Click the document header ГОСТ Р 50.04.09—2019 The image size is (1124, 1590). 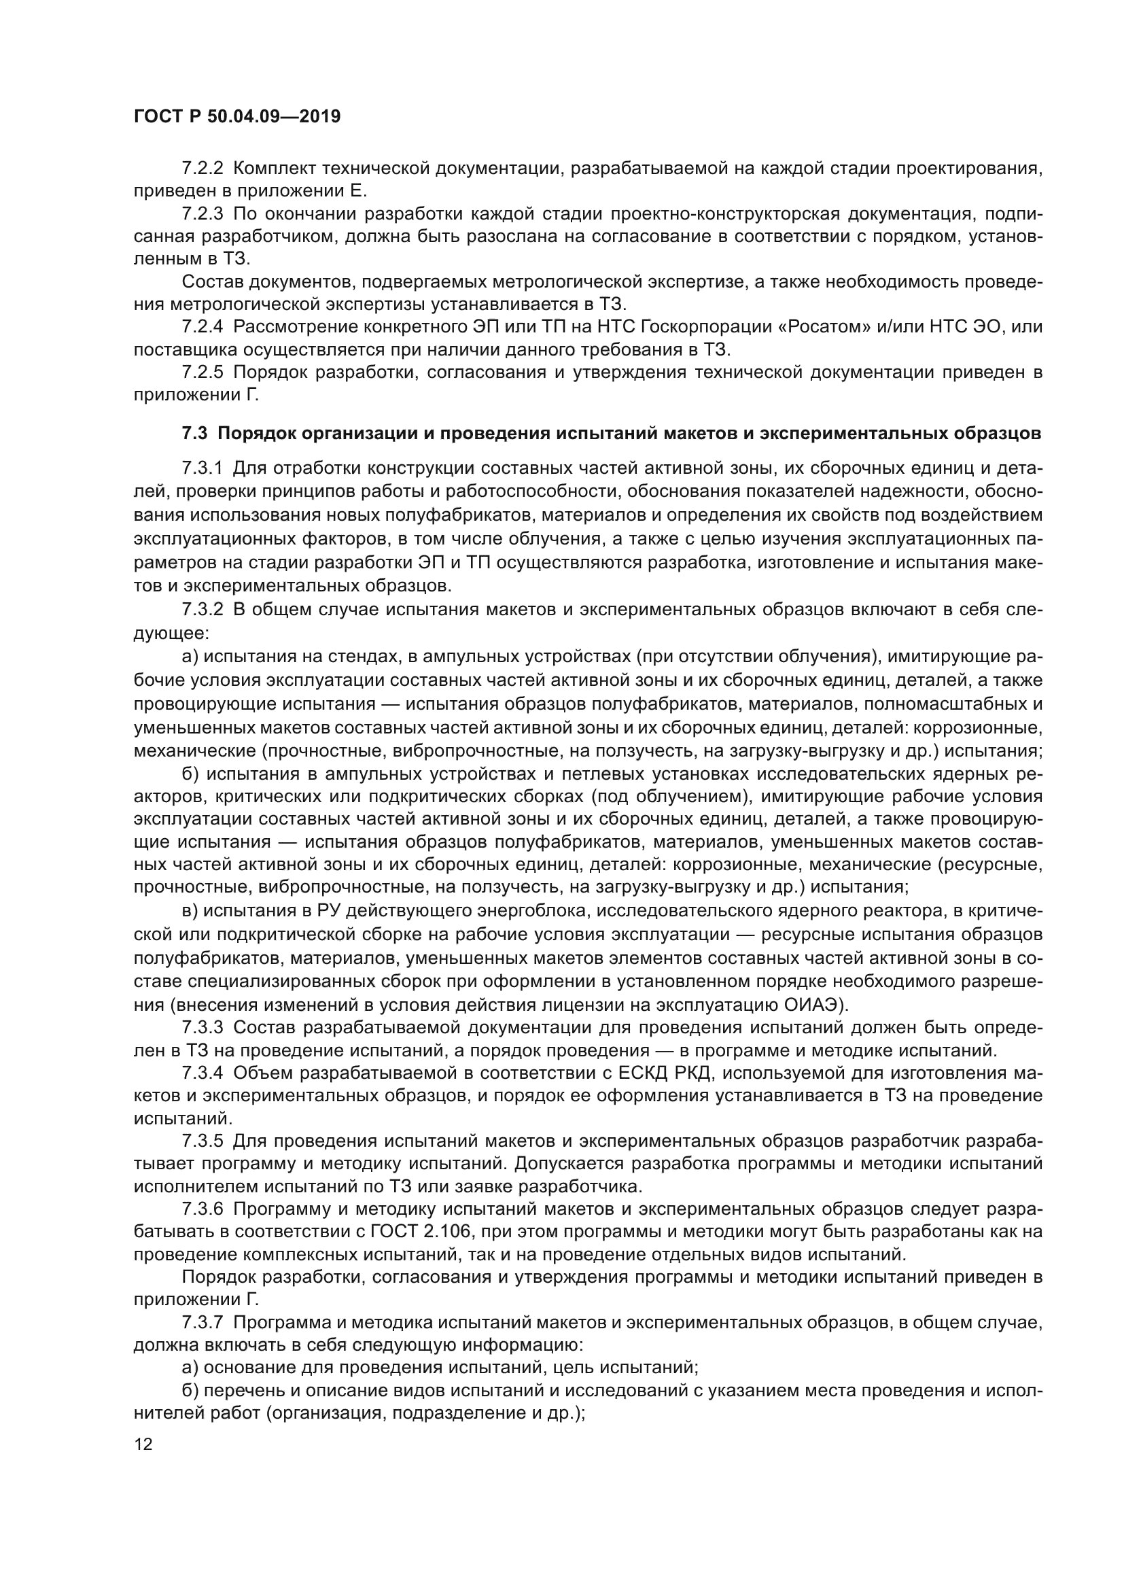click(x=236, y=116)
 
